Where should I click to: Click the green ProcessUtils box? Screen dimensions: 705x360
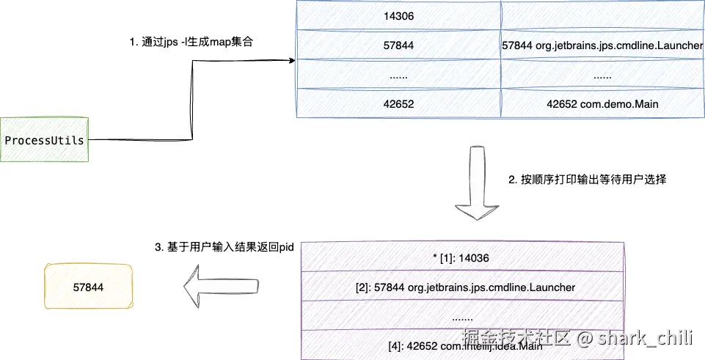[44, 139]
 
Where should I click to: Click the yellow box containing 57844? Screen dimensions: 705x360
[89, 287]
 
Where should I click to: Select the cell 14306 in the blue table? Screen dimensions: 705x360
[398, 16]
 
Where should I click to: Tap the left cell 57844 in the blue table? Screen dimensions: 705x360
[398, 45]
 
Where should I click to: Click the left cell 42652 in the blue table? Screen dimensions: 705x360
[398, 104]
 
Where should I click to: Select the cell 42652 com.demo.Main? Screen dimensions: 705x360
[602, 104]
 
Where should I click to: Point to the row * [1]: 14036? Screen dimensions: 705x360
[461, 258]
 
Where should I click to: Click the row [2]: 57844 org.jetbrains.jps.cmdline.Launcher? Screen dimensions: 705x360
[461, 287]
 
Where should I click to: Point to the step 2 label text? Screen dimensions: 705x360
[587, 179]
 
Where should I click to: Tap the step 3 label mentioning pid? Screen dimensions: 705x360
[224, 248]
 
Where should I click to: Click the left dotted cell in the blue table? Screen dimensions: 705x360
[398, 75]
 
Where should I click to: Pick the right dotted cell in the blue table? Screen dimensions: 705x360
[602, 75]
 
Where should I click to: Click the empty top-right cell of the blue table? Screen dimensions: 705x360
[602, 16]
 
